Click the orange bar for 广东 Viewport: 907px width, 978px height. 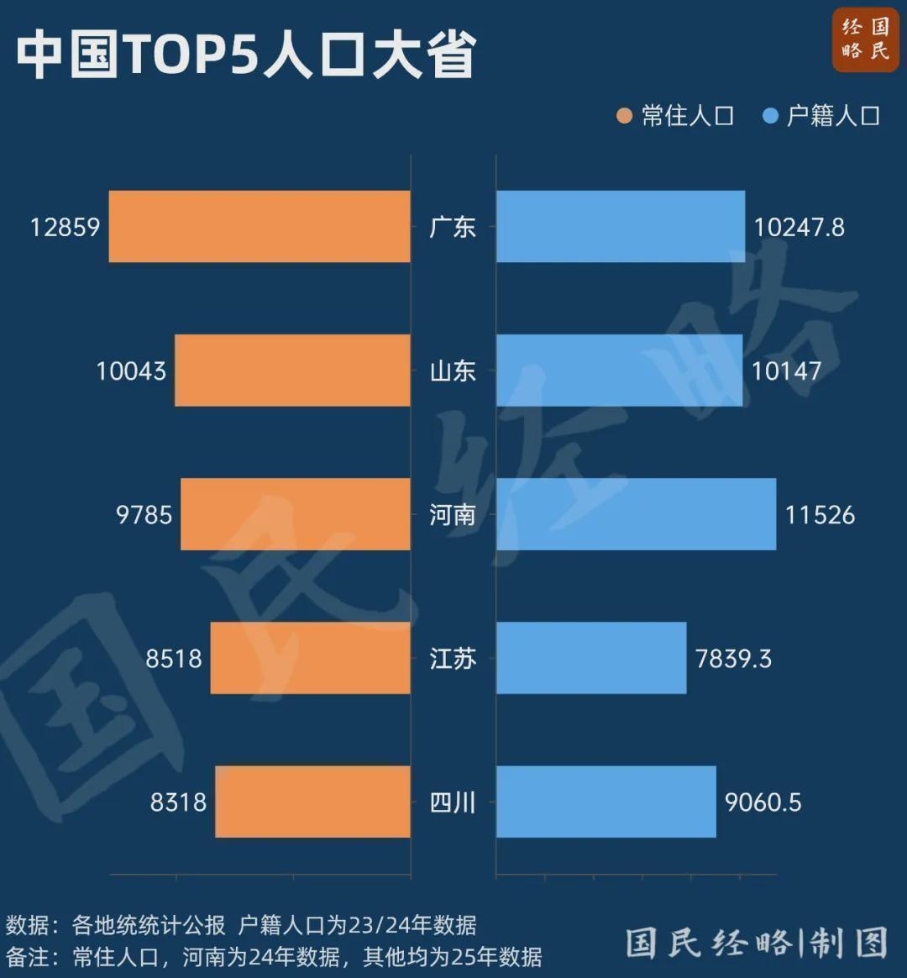[260, 227]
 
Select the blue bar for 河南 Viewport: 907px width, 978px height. [636, 514]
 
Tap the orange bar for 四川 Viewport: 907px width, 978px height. [312, 802]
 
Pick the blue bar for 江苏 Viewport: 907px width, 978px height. [591, 658]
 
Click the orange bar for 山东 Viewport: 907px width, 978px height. [292, 371]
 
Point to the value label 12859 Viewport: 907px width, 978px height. [65, 227]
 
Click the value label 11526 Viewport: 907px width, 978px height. [820, 514]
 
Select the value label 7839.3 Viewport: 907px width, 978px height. [733, 658]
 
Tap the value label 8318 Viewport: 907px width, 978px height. [178, 802]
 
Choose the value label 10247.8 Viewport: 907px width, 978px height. [799, 227]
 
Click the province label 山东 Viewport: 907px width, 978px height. [453, 371]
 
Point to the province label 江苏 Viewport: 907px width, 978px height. [453, 658]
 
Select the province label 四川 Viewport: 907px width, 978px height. [453, 802]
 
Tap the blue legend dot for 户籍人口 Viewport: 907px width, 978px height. [770, 116]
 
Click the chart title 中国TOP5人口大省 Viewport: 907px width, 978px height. [245, 55]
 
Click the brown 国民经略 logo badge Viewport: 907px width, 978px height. [866, 39]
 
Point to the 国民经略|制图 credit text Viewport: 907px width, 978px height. [757, 943]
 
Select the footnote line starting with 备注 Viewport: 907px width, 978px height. [274, 956]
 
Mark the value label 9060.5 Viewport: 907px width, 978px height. [763, 802]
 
